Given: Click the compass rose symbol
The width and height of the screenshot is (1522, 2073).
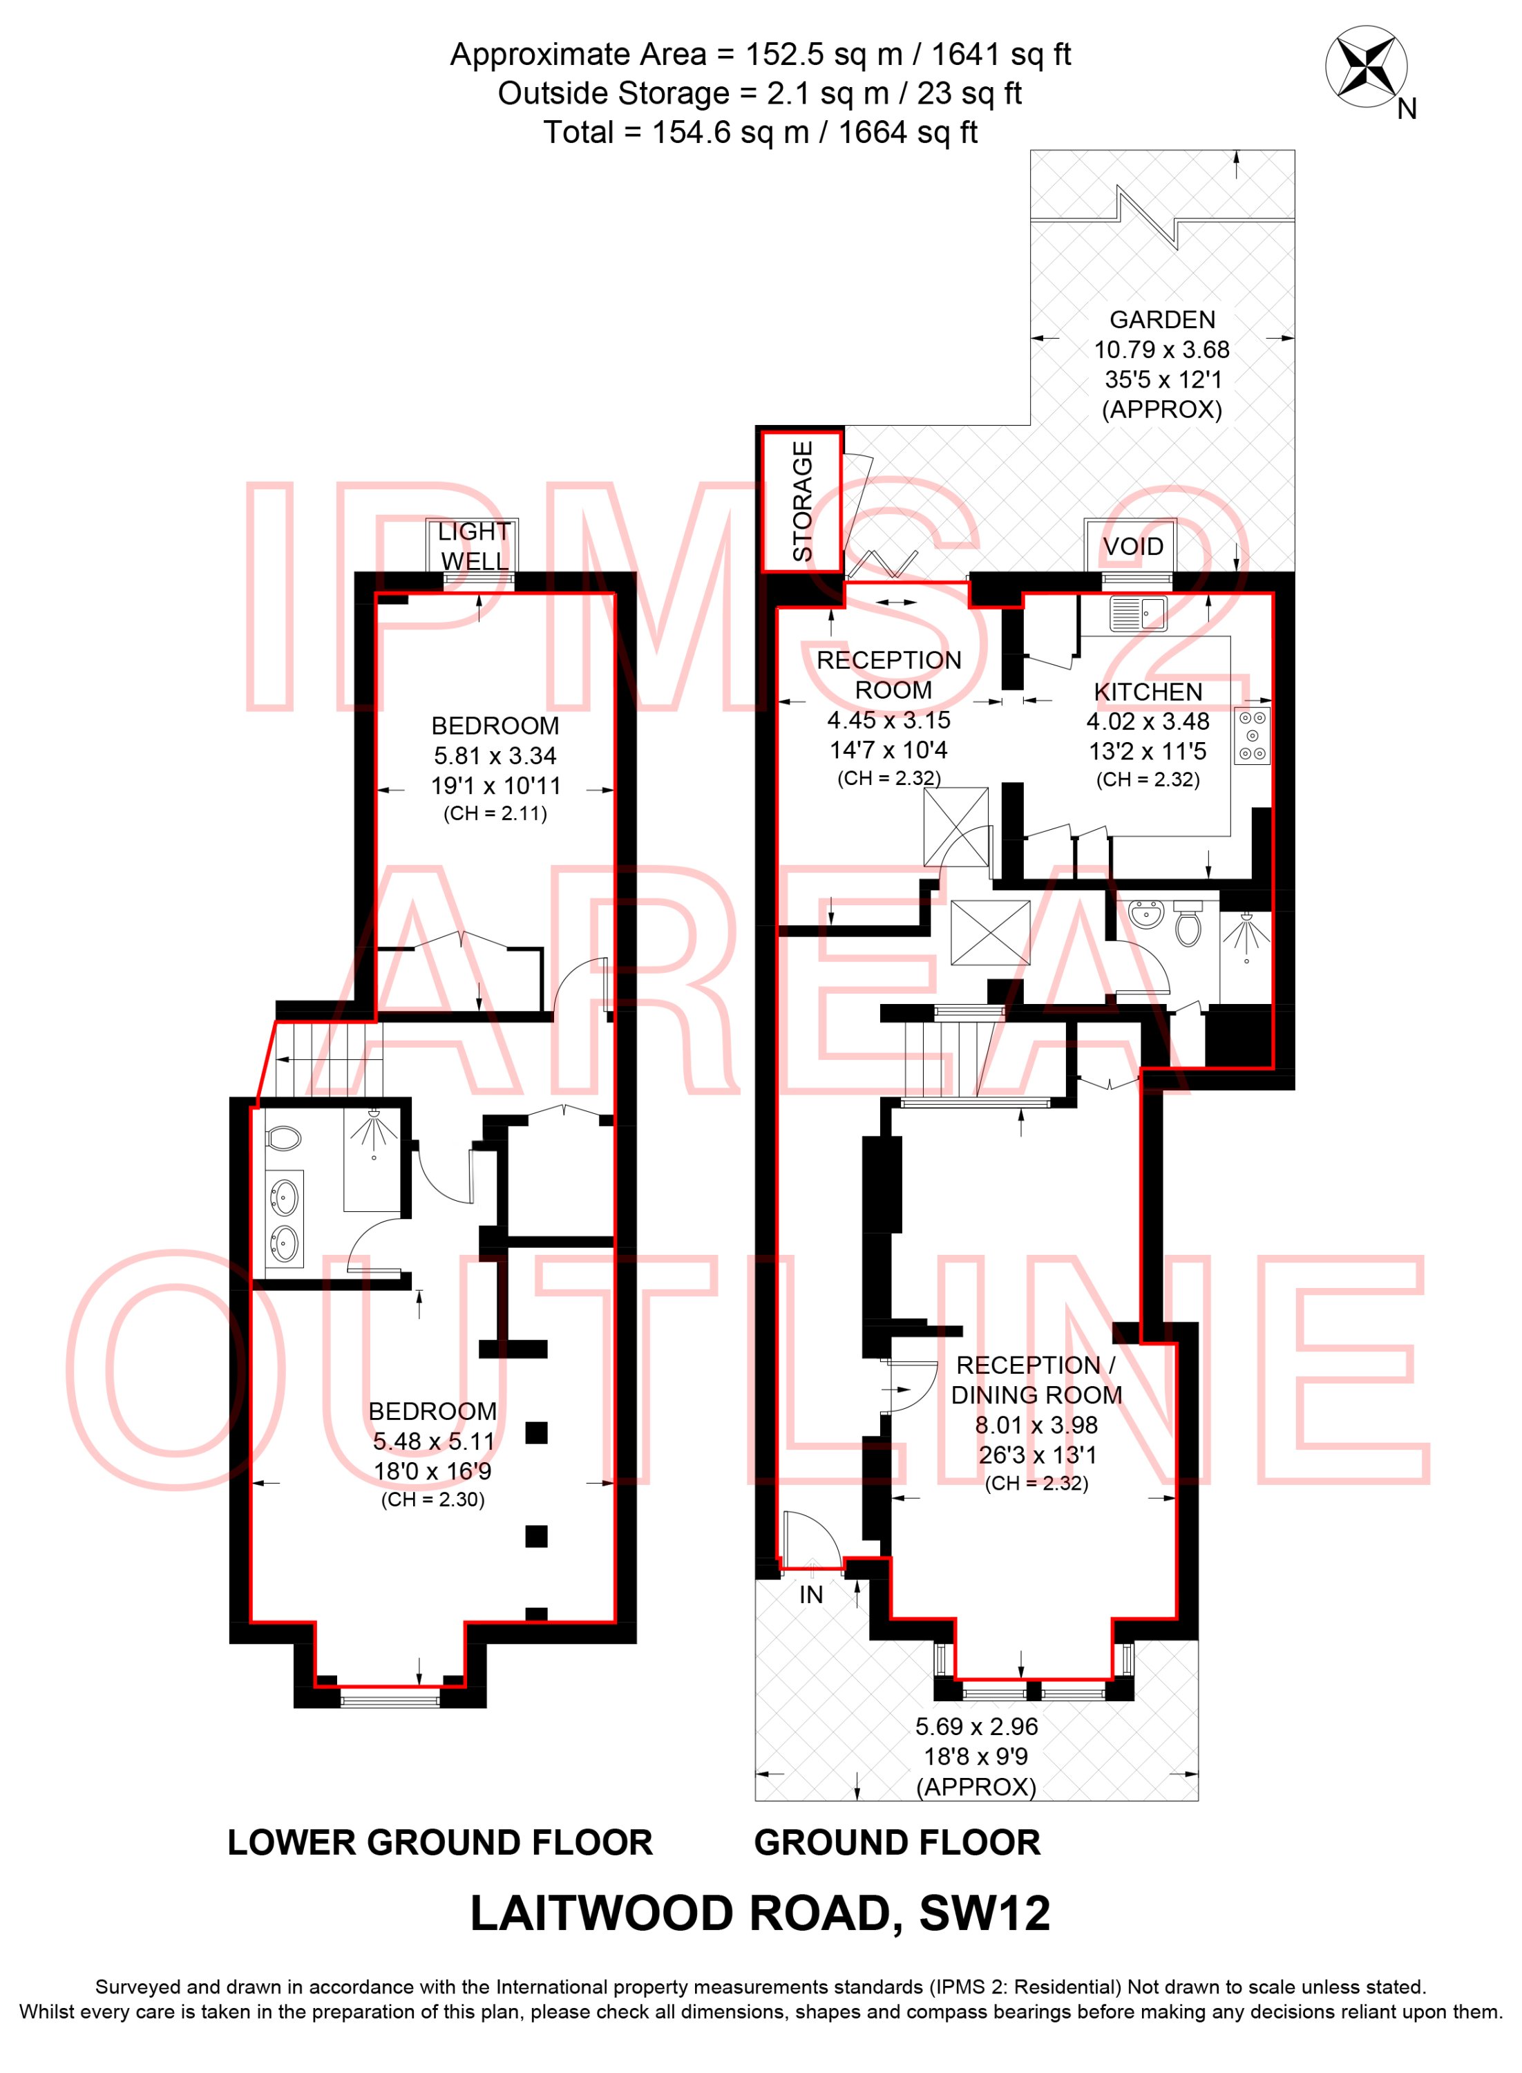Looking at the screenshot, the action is (x=1365, y=64).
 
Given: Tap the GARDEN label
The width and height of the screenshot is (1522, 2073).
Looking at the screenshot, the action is (x=1162, y=320).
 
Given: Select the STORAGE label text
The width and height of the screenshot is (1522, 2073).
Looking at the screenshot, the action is (x=803, y=501).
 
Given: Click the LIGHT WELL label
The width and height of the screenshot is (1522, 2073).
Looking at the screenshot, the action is (x=473, y=547).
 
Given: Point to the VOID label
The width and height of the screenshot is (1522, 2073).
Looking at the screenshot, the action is (x=1133, y=547).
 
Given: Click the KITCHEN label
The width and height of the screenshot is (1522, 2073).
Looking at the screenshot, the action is (x=1148, y=692).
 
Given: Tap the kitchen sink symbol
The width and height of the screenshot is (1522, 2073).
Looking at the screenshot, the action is (x=1138, y=613).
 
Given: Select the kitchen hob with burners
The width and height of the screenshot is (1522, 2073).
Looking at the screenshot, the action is (x=1252, y=735).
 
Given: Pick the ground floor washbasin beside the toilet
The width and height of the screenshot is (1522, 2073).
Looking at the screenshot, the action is (x=1147, y=916).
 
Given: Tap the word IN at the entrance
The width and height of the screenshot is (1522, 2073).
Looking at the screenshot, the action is (x=811, y=1595).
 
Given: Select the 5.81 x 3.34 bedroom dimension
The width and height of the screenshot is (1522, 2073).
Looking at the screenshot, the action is (x=495, y=755).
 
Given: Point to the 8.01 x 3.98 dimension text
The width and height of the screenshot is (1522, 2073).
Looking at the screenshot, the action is (x=1036, y=1426).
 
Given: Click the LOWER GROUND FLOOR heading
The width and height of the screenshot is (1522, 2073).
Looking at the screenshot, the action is (x=440, y=1843).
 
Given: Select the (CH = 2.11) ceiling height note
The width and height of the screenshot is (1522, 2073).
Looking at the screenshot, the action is (x=495, y=813).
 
